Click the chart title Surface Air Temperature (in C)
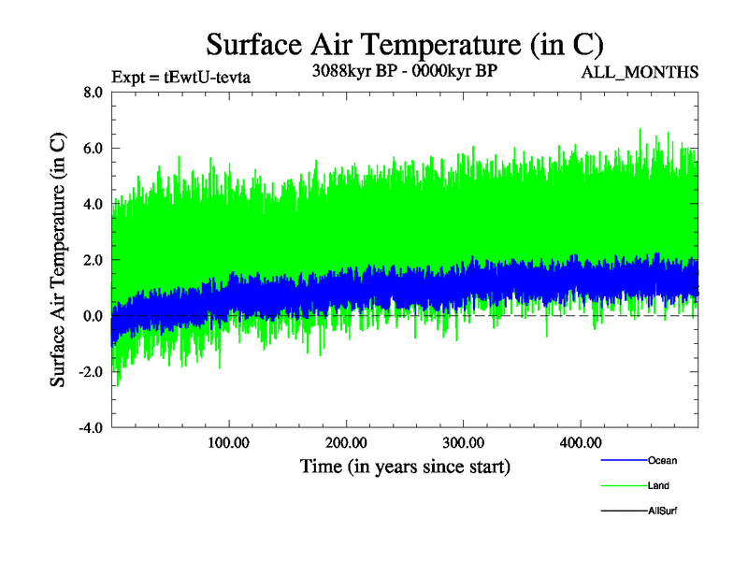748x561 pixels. [404, 44]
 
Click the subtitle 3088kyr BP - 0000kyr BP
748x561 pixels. [404, 70]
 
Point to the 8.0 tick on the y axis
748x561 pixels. [93, 93]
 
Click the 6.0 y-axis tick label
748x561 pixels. [93, 149]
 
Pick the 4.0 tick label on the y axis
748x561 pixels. [93, 205]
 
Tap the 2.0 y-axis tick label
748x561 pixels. [93, 261]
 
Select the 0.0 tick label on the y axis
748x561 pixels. [93, 317]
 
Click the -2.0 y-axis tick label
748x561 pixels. [91, 373]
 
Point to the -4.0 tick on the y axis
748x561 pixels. [91, 429]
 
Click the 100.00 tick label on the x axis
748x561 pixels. [228, 442]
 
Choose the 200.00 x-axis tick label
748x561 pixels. [346, 442]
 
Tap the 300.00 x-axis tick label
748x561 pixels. [463, 442]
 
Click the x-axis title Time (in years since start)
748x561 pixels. [405, 465]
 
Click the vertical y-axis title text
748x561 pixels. [58, 261]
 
